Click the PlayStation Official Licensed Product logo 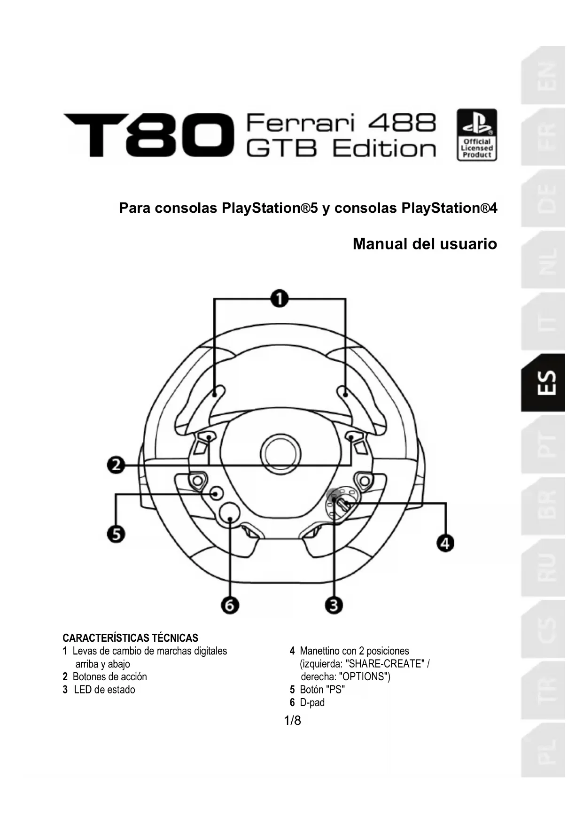[477, 135]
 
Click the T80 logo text [148, 135]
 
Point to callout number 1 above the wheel [280, 298]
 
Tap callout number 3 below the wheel [334, 605]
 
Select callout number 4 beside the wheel [445, 543]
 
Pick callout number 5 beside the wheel [116, 534]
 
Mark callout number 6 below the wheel [230, 605]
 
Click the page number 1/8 [292, 720]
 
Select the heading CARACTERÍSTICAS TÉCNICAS [130, 637]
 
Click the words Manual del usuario [425, 244]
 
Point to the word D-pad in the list [312, 702]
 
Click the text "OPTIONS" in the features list [365, 676]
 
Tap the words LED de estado [104, 690]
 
